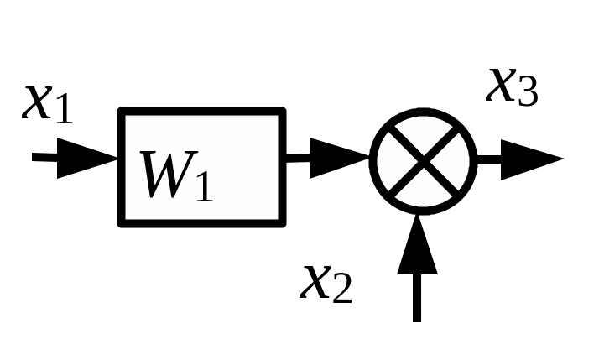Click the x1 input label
click(47, 104)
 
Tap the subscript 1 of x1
click(64, 109)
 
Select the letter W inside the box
click(169, 175)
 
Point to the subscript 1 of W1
click(205, 186)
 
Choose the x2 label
click(326, 284)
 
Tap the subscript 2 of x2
click(342, 290)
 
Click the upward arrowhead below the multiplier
click(417, 244)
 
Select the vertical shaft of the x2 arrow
click(417, 298)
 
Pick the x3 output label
click(512, 87)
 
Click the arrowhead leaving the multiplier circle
click(532, 159)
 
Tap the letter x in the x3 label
click(501, 86)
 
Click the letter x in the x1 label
click(38, 102)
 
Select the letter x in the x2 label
click(316, 283)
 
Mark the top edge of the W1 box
click(202, 112)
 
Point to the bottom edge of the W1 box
click(202, 223)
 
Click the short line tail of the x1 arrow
click(44, 157)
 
